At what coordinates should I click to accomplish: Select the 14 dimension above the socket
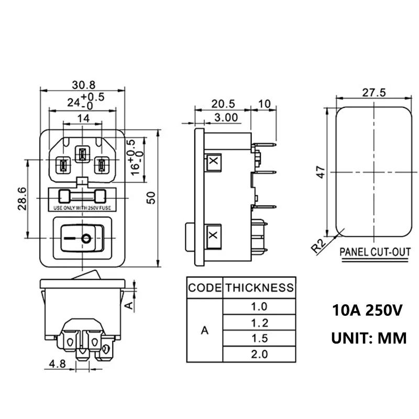pyautogui.click(x=83, y=118)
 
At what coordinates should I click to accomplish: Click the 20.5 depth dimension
pyautogui.click(x=223, y=104)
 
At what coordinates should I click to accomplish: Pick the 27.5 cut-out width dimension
pyautogui.click(x=373, y=92)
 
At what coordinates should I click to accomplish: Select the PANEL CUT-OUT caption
pyautogui.click(x=375, y=252)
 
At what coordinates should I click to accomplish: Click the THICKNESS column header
pyautogui.click(x=259, y=288)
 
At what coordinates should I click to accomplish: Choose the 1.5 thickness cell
pyautogui.click(x=259, y=338)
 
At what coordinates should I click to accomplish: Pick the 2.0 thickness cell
pyautogui.click(x=259, y=354)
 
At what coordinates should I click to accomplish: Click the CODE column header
pyautogui.click(x=205, y=288)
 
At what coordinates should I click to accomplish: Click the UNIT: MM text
pyautogui.click(x=368, y=338)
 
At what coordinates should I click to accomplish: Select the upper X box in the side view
pyautogui.click(x=214, y=162)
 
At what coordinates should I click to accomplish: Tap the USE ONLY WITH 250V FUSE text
pyautogui.click(x=82, y=208)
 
